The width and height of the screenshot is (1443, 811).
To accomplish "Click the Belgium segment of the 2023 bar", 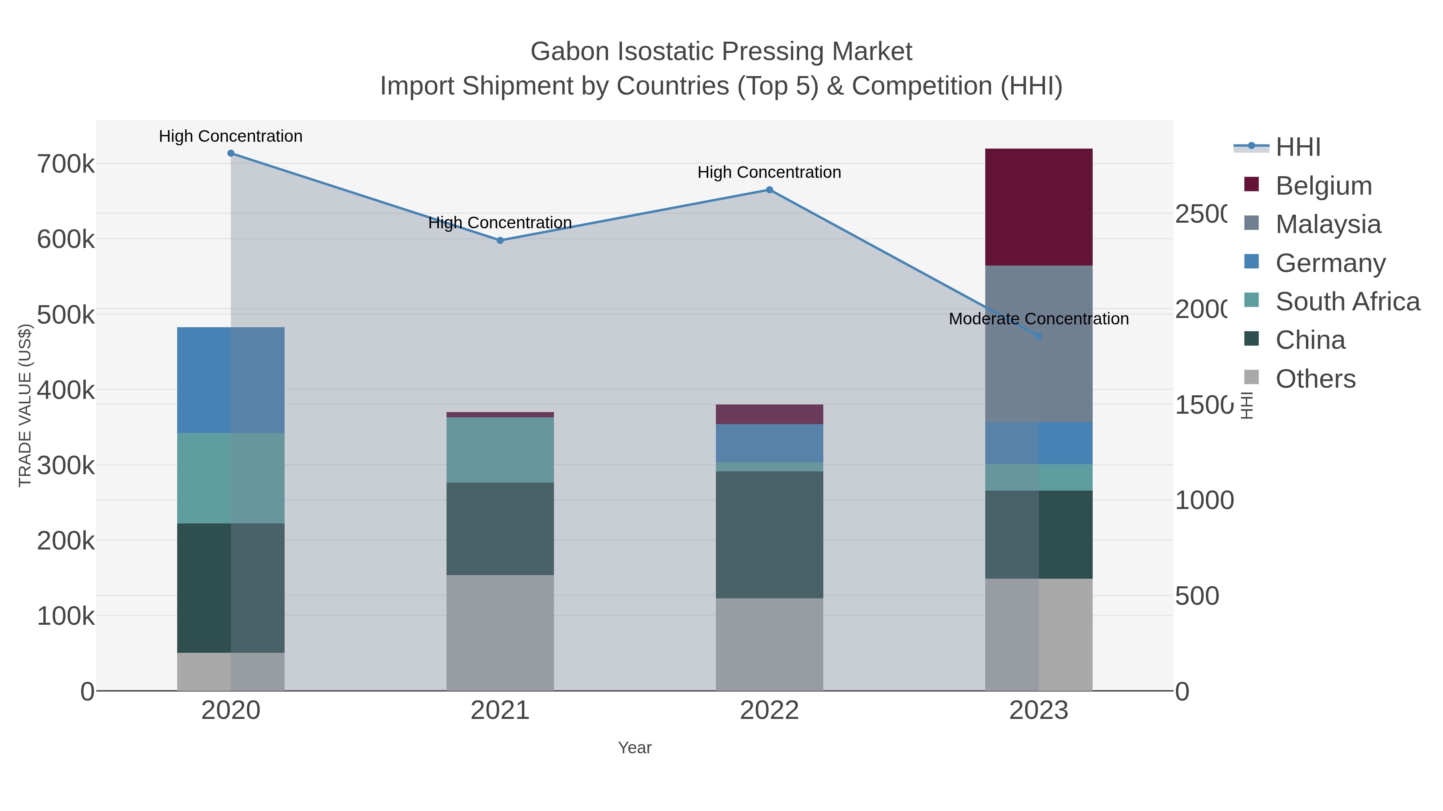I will click(x=1039, y=207).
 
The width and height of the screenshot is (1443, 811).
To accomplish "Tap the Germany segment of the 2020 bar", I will click(x=231, y=380).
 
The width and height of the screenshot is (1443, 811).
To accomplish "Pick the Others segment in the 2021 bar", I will click(x=500, y=632).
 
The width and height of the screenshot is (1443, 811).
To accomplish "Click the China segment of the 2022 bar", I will click(x=769, y=535).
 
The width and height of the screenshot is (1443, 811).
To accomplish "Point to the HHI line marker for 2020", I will click(x=231, y=153).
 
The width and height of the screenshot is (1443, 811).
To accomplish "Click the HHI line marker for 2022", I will click(x=769, y=190).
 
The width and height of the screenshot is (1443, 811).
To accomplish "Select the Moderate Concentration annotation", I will click(x=1039, y=319).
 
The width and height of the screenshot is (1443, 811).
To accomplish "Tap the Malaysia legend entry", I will click(x=1328, y=224).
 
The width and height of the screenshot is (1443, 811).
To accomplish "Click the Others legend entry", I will click(x=1315, y=379).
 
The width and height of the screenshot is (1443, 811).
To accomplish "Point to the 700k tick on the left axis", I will click(x=66, y=165).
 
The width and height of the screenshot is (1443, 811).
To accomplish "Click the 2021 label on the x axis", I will click(x=500, y=711).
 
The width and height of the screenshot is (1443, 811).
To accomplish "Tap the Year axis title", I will click(x=634, y=748).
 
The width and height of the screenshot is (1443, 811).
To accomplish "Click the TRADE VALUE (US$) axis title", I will click(x=25, y=405).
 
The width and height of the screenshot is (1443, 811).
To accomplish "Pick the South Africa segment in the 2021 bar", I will click(x=500, y=450).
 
